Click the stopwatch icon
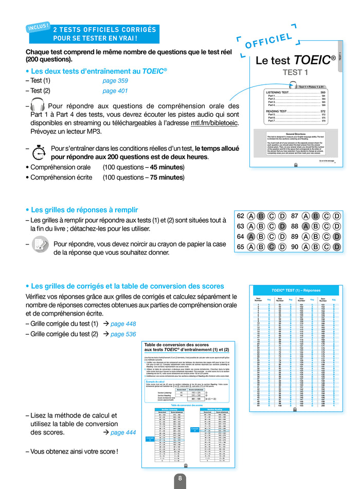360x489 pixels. [39, 152]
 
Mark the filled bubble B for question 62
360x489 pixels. [261, 216]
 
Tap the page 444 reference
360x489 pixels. [123, 432]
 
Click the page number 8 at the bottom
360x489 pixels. [180, 478]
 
